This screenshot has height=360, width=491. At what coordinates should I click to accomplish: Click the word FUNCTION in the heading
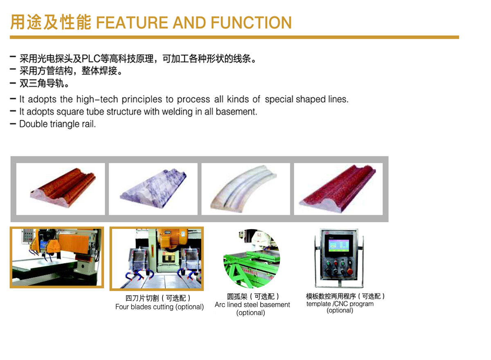coord(251,22)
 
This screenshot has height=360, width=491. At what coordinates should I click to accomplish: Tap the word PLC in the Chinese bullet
coord(91,59)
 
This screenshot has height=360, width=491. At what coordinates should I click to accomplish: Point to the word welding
coord(177,112)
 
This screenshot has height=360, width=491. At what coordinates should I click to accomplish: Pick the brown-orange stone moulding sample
coord(63,187)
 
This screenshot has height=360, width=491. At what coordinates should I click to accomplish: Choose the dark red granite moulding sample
coord(338,189)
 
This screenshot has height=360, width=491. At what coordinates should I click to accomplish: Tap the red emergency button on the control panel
coord(350,272)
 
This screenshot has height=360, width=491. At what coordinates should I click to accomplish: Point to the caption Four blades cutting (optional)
coord(160,307)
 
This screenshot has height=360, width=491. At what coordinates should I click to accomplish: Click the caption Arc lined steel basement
coord(252,304)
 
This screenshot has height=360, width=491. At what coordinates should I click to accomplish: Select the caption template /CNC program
coord(340,304)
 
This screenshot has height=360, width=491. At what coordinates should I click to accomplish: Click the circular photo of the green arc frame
coord(252,259)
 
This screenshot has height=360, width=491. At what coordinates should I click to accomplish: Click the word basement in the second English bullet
coord(236,112)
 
